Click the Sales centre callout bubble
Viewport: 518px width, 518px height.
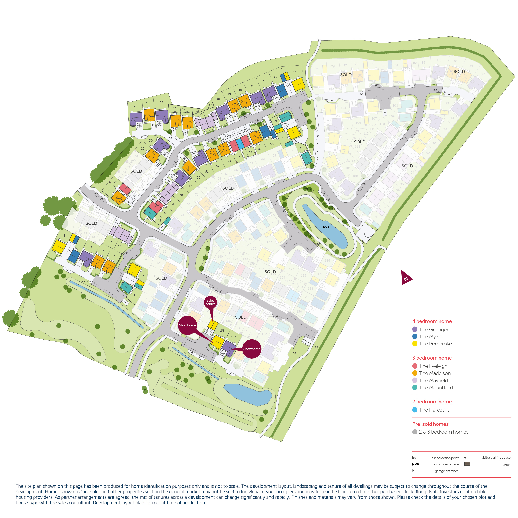(x=210, y=302)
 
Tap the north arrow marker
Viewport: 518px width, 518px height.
(x=406, y=278)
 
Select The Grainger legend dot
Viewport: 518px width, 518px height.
(x=415, y=329)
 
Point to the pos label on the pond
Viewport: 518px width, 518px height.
(x=326, y=226)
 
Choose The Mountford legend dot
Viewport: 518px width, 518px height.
(x=415, y=388)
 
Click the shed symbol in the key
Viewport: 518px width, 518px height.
(x=467, y=464)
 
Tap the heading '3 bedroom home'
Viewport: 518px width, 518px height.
(x=432, y=358)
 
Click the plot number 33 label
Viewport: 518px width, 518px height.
(x=161, y=102)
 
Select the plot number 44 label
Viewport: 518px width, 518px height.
(x=295, y=72)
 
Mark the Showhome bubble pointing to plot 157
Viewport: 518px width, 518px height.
(x=252, y=349)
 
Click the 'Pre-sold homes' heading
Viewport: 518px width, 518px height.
(x=430, y=424)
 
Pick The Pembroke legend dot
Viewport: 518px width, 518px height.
(x=415, y=344)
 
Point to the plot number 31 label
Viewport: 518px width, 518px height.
(x=135, y=106)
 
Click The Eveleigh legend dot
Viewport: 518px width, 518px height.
(x=415, y=366)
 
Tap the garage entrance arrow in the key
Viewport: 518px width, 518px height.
(x=413, y=470)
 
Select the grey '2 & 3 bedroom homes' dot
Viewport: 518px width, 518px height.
(x=415, y=432)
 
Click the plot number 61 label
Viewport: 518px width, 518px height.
(x=301, y=148)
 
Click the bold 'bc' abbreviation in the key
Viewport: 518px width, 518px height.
(x=414, y=458)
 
